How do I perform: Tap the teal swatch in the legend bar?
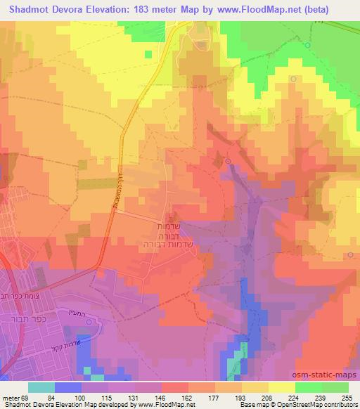pyautogui.click(x=41, y=387)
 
